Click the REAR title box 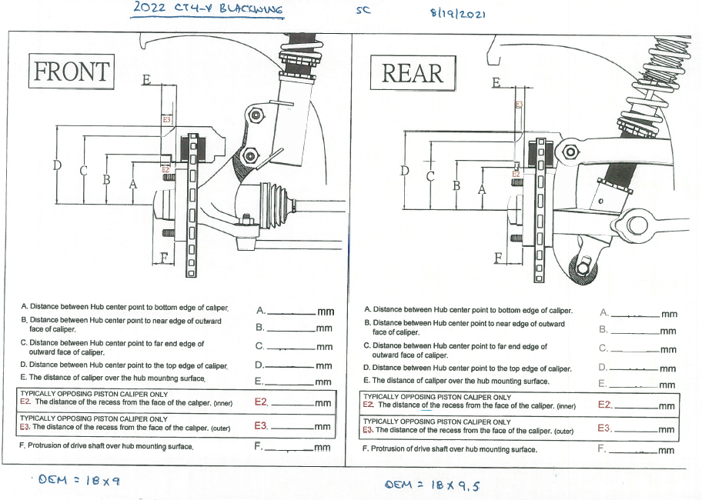413,74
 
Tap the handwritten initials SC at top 363,12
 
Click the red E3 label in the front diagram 167,120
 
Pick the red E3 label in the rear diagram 518,104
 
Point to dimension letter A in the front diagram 132,185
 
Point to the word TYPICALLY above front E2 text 38,394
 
